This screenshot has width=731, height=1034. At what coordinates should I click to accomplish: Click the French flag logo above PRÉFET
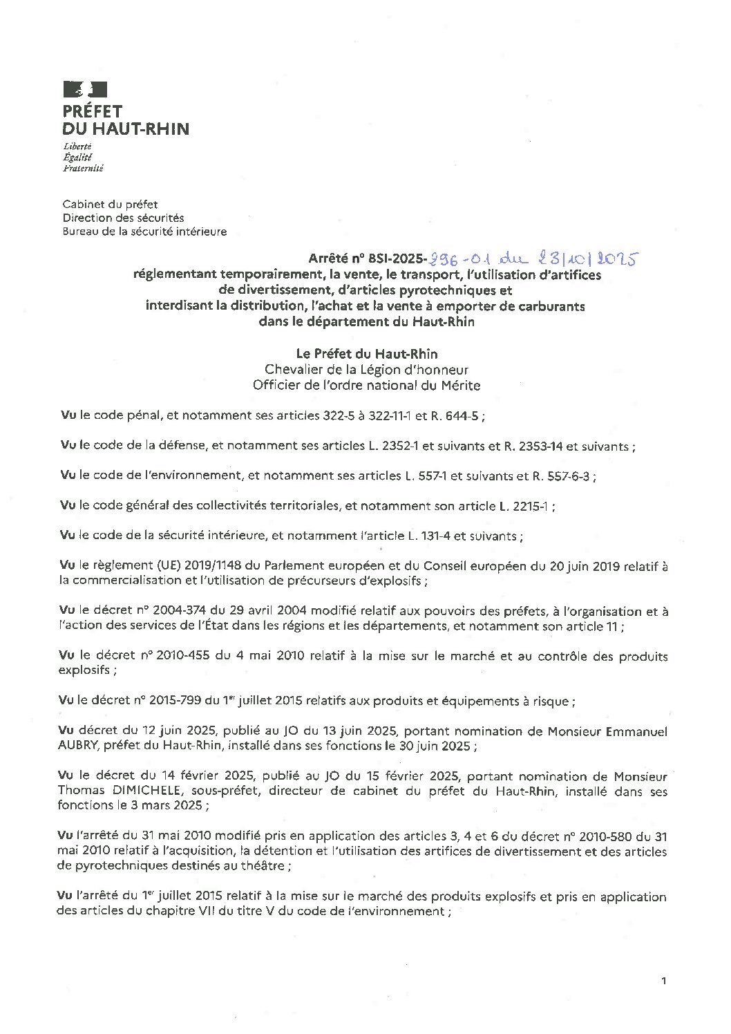click(85, 88)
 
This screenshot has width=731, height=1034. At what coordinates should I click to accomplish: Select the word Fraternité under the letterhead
click(82, 168)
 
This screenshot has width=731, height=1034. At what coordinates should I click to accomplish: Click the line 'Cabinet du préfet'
click(110, 204)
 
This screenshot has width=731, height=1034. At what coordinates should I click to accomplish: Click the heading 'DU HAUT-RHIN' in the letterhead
click(125, 129)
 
